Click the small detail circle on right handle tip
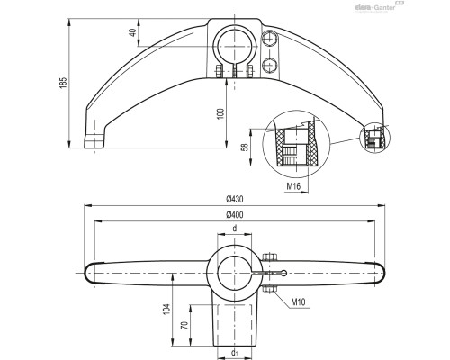click(x=375, y=138)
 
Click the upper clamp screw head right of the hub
click(x=269, y=38)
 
